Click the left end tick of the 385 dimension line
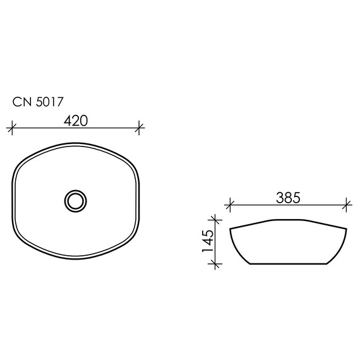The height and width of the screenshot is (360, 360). click(x=231, y=205)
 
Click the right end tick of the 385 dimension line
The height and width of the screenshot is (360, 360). click(x=347, y=205)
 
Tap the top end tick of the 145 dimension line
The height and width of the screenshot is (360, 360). click(x=216, y=219)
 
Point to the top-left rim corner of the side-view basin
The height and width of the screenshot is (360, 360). click(x=231, y=227)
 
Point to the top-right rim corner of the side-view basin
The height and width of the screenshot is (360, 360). click(x=347, y=229)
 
